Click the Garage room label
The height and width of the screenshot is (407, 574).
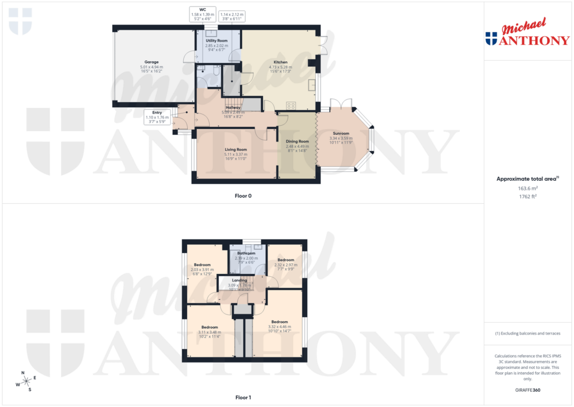pyautogui.click(x=151, y=62)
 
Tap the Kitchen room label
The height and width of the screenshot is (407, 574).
pyautogui.click(x=280, y=62)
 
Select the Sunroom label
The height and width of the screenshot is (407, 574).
pyautogui.click(x=341, y=133)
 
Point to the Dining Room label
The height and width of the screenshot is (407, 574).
pyautogui.click(x=297, y=141)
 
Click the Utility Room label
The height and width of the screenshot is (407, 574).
pyautogui.click(x=216, y=41)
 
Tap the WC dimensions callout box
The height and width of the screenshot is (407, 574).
pyautogui.click(x=202, y=14)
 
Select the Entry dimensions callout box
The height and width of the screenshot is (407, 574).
pyautogui.click(x=156, y=116)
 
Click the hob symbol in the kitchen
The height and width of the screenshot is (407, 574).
pyautogui.click(x=291, y=104)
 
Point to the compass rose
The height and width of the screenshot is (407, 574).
pyautogui.click(x=26, y=381)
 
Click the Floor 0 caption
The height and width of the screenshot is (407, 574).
pyautogui.click(x=243, y=196)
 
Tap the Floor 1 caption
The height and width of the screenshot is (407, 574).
pyautogui.click(x=243, y=397)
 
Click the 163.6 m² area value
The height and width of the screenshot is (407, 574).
pyautogui.click(x=529, y=189)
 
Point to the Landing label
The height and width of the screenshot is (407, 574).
pyautogui.click(x=239, y=280)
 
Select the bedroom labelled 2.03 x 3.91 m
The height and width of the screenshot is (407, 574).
pyautogui.click(x=202, y=264)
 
